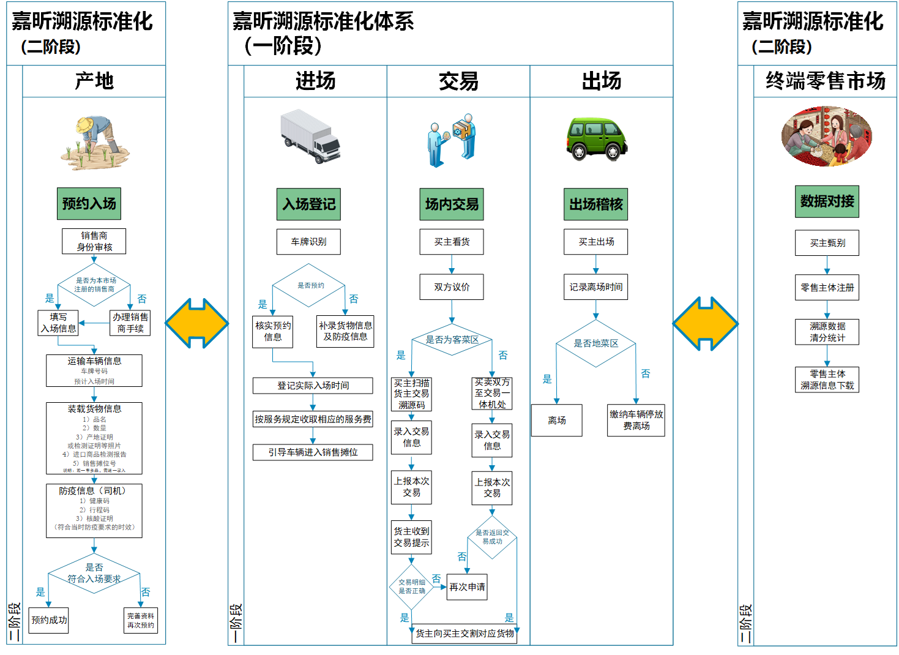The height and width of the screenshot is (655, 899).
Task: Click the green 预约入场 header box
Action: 89,204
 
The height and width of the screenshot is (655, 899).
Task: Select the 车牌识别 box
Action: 308,242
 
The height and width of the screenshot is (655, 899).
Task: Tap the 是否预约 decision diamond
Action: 310,285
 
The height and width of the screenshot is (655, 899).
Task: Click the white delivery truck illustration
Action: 310,136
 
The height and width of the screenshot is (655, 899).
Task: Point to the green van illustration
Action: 596,138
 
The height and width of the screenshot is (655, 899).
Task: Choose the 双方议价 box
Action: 452,286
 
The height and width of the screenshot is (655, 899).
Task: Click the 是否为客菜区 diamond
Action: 452,340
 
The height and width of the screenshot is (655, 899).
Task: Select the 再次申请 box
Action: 467,587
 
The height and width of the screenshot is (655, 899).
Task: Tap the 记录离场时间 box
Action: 595,286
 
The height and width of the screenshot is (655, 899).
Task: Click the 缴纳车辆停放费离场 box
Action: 636,420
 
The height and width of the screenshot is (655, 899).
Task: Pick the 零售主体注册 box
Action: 827,287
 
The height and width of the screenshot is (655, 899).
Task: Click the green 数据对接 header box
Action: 827,201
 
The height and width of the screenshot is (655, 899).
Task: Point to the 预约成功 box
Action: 49,620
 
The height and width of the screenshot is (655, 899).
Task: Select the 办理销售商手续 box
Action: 130,323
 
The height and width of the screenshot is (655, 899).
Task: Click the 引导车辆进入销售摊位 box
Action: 313,452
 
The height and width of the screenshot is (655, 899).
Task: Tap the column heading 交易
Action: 458,81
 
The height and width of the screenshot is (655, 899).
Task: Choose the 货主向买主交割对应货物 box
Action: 464,634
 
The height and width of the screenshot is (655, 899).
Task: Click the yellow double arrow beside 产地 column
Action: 196,323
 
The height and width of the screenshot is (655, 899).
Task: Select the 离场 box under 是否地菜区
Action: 556,421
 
